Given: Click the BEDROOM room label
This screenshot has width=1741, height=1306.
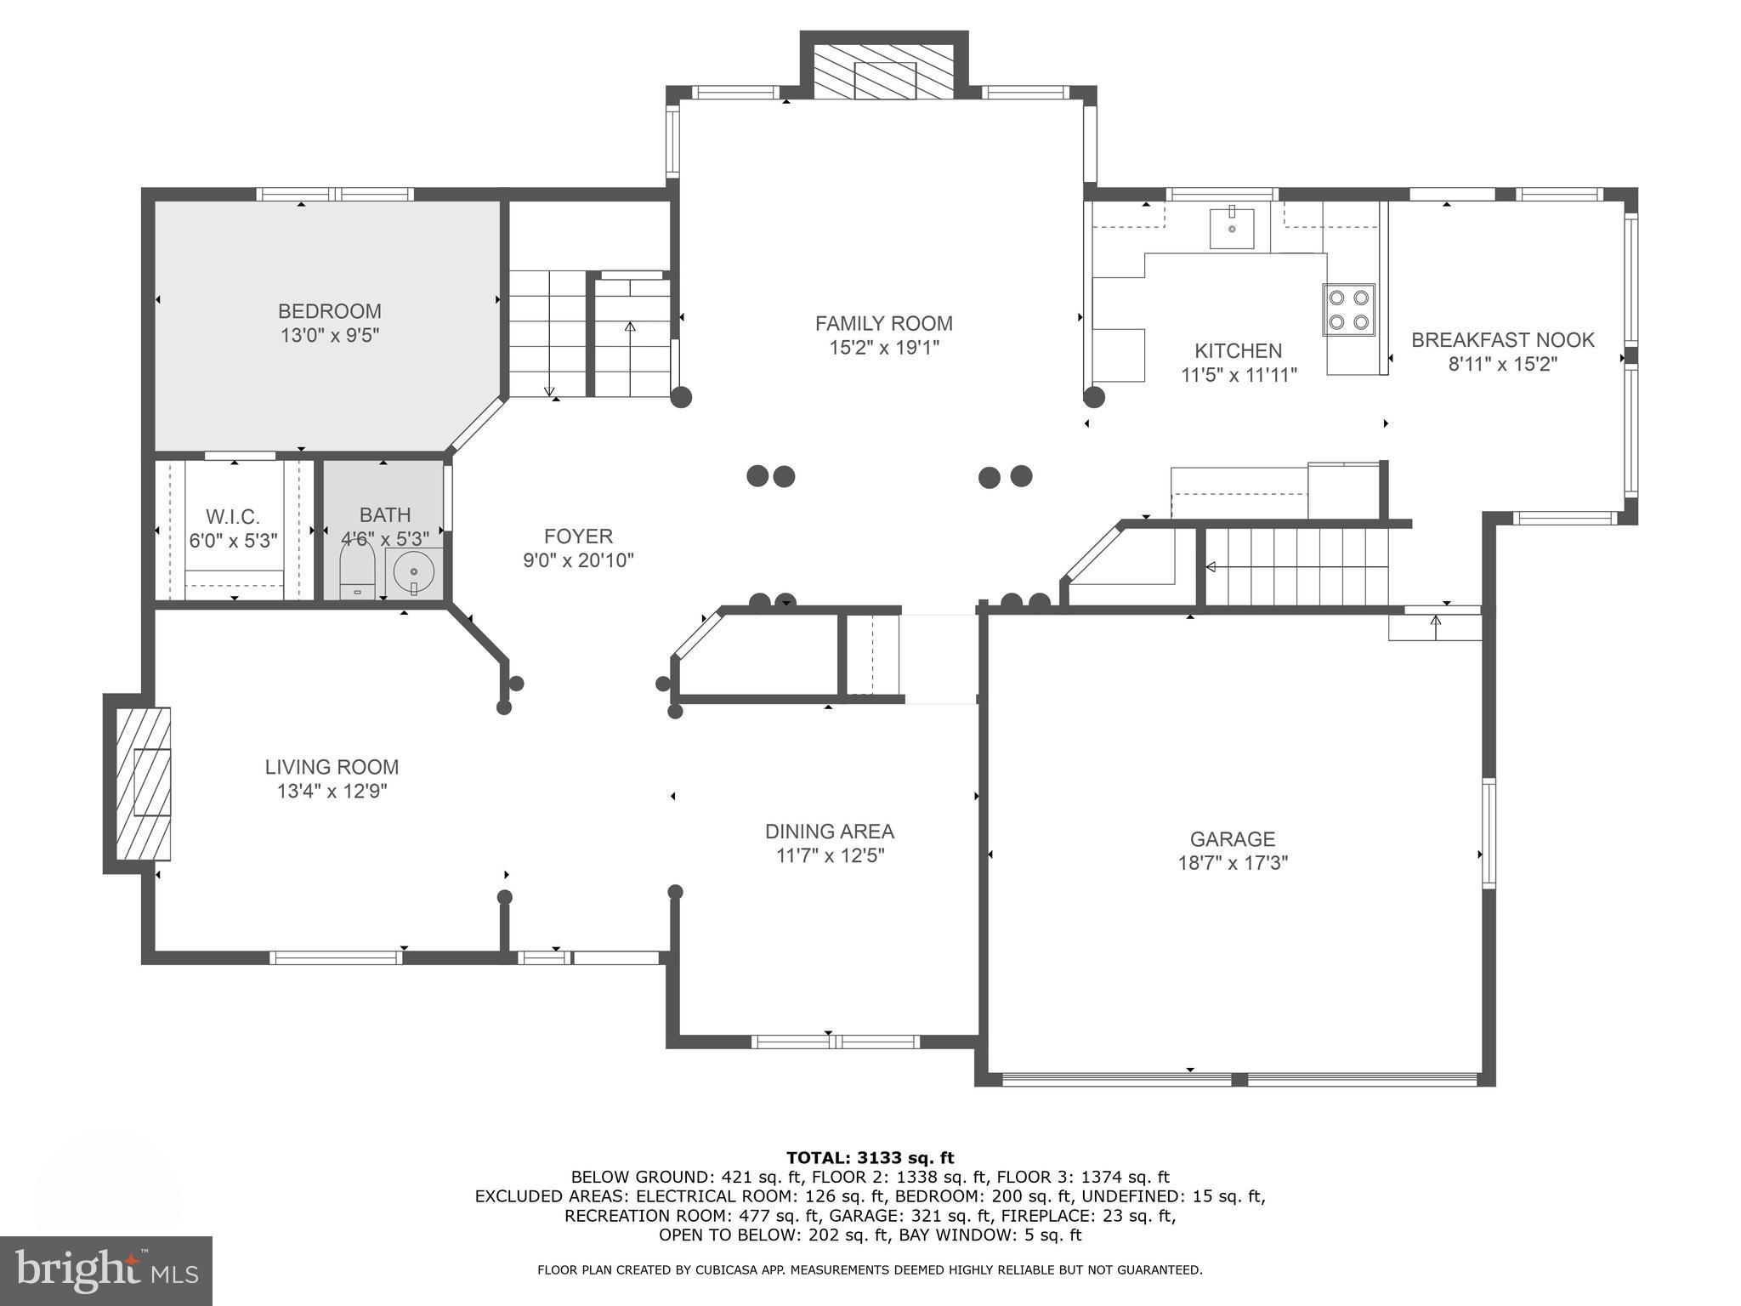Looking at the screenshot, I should pyautogui.click(x=330, y=311).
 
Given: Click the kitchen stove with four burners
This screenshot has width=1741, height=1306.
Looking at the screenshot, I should pyautogui.click(x=1349, y=309).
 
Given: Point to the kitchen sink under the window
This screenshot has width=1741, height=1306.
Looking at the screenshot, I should pyautogui.click(x=1231, y=227).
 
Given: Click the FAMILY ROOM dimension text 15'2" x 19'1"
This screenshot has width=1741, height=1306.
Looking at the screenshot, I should pyautogui.click(x=884, y=348).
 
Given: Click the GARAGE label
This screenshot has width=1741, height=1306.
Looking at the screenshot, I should pyautogui.click(x=1233, y=839).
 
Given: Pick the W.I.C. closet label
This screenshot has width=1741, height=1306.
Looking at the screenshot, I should pyautogui.click(x=233, y=517).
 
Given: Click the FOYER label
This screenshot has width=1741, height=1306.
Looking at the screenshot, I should pyautogui.click(x=578, y=537).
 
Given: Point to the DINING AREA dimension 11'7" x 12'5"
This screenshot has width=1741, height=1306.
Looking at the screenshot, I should pyautogui.click(x=830, y=856).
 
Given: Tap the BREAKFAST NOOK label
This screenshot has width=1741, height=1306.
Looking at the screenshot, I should pyautogui.click(x=1503, y=340).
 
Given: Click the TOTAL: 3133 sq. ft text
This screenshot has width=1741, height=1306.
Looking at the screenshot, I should pyautogui.click(x=870, y=1157).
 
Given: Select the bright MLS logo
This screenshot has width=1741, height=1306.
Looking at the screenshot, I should pyautogui.click(x=106, y=1270).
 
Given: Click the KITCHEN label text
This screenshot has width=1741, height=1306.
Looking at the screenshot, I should pyautogui.click(x=1238, y=351).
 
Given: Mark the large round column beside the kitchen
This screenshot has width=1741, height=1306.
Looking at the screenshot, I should pyautogui.click(x=1094, y=396).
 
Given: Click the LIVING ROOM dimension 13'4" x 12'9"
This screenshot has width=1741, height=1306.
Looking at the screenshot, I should pyautogui.click(x=332, y=792).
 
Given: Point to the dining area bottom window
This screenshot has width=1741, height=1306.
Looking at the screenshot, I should pyautogui.click(x=835, y=1042).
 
